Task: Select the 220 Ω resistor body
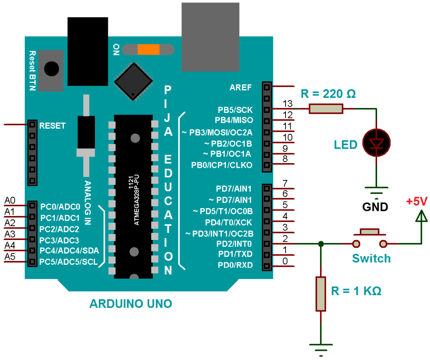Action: pos(326,109)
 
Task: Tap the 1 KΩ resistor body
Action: pos(321,294)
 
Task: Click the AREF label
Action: pos(241,88)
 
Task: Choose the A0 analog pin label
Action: pos(10,200)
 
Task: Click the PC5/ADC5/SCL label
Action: pos(69,262)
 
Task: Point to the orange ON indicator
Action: pos(149,50)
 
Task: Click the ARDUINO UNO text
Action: pos(131,304)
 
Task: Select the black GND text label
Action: pos(376,207)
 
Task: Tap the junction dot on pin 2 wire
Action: pos(321,244)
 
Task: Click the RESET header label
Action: pos(52,125)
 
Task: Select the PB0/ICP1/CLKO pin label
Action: pos(222,165)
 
